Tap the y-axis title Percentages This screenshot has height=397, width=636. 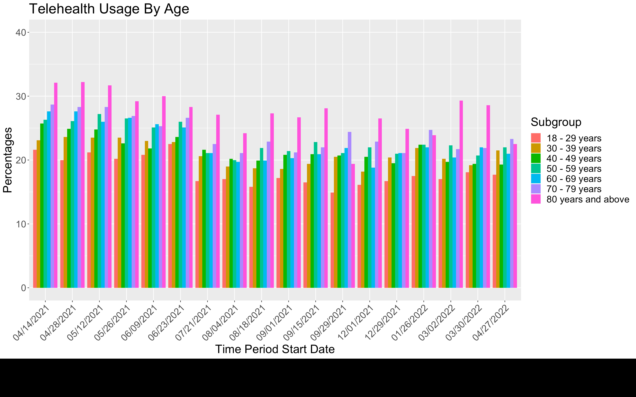point(8,160)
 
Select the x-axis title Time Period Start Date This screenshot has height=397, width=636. point(275,349)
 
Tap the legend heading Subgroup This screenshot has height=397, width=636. point(556,122)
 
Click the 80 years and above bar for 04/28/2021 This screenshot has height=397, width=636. point(83,185)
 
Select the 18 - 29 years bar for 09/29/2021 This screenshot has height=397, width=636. point(332,240)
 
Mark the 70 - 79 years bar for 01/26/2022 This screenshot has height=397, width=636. point(430,209)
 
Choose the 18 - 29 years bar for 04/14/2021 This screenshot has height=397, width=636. point(35,219)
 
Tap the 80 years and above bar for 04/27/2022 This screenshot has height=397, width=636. point(515,216)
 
